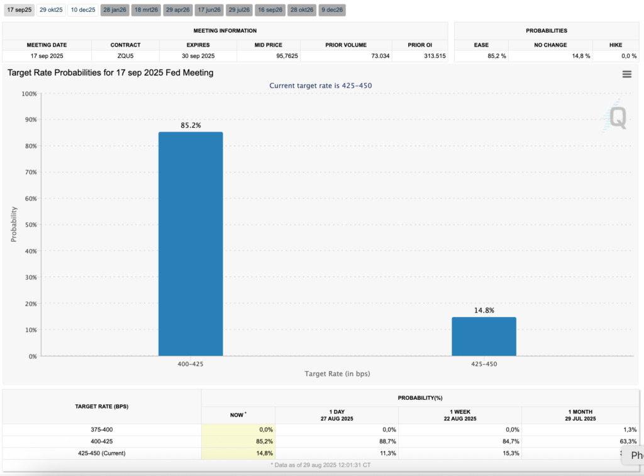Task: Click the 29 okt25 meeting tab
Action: (51, 10)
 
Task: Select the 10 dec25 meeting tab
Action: (82, 10)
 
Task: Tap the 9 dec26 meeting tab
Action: (332, 10)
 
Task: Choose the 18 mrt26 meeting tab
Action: (147, 10)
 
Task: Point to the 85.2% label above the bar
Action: (191, 125)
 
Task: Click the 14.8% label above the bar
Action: (484, 310)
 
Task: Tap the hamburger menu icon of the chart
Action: (626, 74)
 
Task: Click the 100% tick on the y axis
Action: (29, 94)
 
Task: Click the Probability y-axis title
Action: (14, 224)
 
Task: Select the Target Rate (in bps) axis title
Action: (337, 374)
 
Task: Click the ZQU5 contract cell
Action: (125, 56)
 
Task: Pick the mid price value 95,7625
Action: (286, 56)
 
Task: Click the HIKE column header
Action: (616, 45)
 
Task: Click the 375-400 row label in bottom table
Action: (101, 429)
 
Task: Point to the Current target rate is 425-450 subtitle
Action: (325, 86)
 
